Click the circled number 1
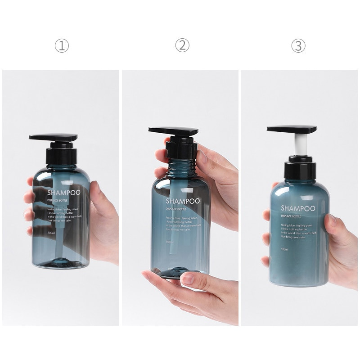(x=62, y=45)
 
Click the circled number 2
(x=182, y=45)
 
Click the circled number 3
(x=298, y=45)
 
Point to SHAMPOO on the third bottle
(x=297, y=208)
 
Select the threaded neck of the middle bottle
(x=180, y=169)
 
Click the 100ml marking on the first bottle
(x=52, y=233)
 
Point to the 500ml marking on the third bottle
(x=285, y=249)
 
